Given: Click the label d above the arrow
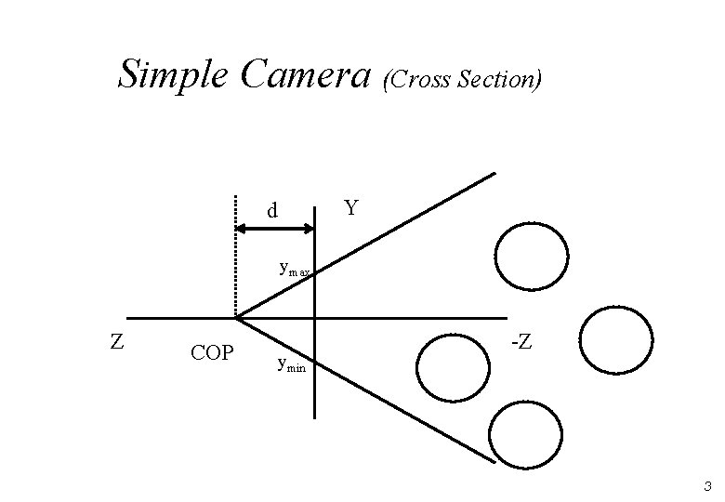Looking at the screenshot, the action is [x=271, y=211].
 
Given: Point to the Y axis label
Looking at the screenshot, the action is [x=350, y=206].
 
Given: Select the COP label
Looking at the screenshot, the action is [x=211, y=353].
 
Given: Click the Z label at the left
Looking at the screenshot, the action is [x=116, y=342].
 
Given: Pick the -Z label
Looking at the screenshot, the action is [x=521, y=342].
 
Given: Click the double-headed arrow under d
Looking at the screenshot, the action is [x=276, y=227].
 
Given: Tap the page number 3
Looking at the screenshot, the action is [x=707, y=486].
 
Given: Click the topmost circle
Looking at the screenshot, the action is [x=531, y=256].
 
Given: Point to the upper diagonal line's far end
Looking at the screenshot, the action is [x=494, y=173].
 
